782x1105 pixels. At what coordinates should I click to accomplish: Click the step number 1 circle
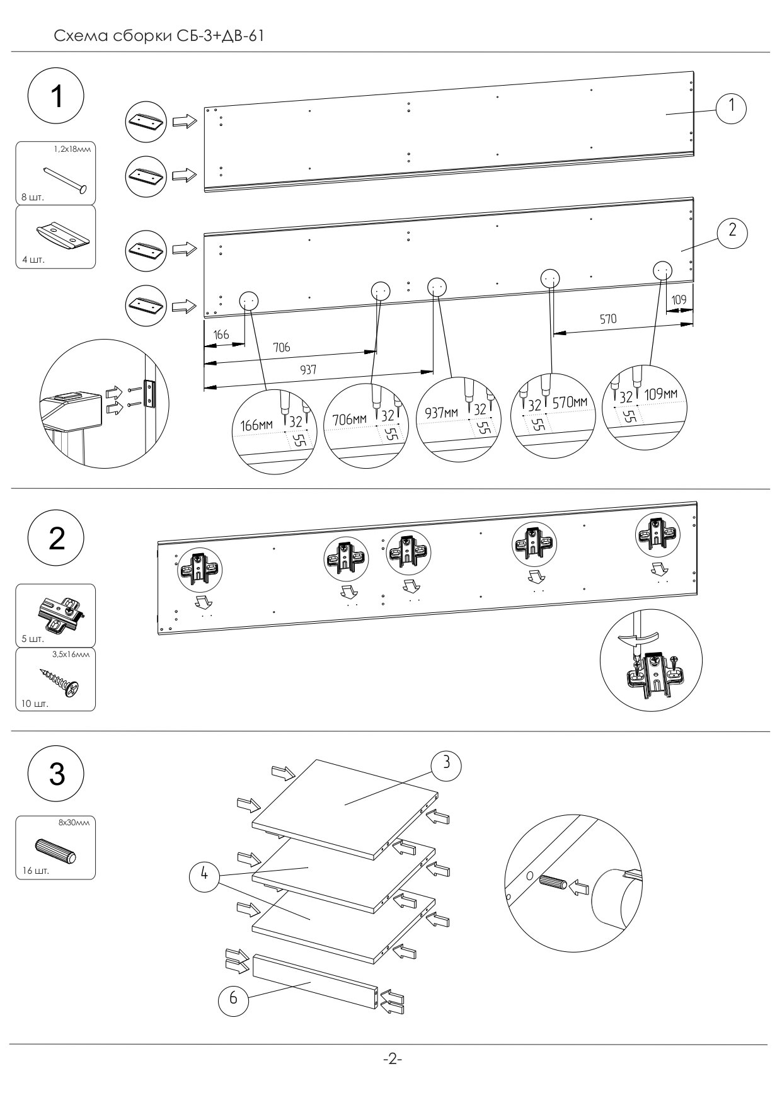click(x=56, y=98)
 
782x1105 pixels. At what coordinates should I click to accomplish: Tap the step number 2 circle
click(x=56, y=539)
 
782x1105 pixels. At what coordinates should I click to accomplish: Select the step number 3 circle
click(x=56, y=774)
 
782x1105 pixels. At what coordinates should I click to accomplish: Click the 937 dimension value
click(x=308, y=370)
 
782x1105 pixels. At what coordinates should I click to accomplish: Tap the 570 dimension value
click(x=607, y=319)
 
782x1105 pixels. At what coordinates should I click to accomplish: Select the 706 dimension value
click(x=281, y=347)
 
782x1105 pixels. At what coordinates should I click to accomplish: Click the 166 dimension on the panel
click(x=221, y=335)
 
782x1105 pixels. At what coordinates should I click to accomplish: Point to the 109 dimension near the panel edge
click(x=679, y=300)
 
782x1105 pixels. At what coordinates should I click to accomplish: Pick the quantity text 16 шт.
click(x=35, y=871)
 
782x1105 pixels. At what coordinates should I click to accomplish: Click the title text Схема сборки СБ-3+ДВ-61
click(x=159, y=36)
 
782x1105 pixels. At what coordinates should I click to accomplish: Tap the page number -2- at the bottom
click(x=392, y=1059)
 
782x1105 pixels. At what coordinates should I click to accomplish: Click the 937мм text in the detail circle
click(x=443, y=413)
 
